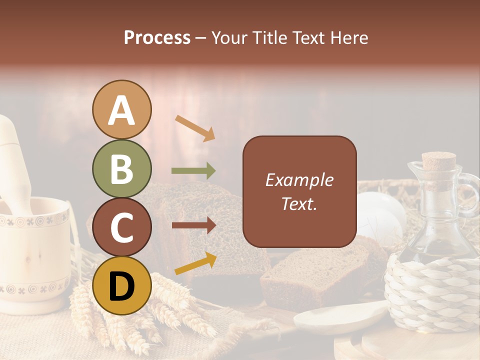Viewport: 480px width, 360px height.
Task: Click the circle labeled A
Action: [121, 110]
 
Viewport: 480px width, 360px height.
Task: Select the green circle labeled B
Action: [121, 169]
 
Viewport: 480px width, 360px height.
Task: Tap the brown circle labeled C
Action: [121, 227]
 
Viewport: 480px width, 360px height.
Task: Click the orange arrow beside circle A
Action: [195, 128]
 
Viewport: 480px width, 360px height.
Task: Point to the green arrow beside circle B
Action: [193, 171]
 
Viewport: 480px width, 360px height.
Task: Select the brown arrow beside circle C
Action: [193, 225]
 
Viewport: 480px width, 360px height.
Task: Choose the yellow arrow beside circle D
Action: [195, 264]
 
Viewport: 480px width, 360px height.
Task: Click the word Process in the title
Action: [157, 38]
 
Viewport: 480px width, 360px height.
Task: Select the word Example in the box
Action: [299, 180]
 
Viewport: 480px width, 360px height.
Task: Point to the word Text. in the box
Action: [299, 203]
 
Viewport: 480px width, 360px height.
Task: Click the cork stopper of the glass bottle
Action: [438, 162]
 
